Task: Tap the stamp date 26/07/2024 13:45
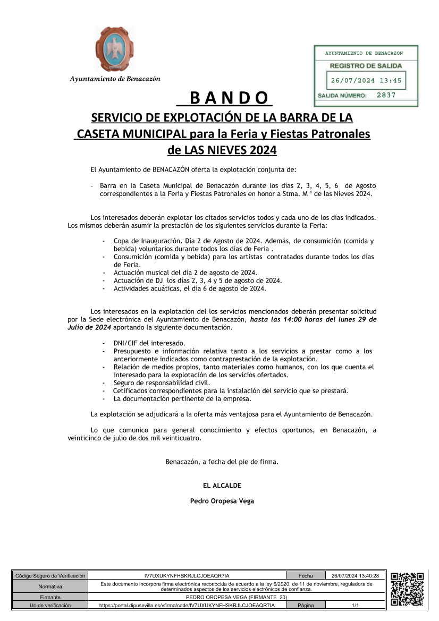pos(366,81)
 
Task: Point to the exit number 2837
pos(385,96)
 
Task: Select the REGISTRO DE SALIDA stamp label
pos(366,66)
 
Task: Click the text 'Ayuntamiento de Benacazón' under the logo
pos(115,79)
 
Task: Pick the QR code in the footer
pos(408,589)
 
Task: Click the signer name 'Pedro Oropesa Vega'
pos(222,501)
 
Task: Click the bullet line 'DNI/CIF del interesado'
pos(149,343)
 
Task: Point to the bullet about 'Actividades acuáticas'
pos(189,288)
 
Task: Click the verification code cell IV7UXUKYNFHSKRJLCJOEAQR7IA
pos(187,576)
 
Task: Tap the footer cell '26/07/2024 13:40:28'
pos(354,576)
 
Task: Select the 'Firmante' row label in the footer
pos(50,598)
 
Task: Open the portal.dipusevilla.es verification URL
pos(187,606)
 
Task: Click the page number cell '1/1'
pos(354,606)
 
